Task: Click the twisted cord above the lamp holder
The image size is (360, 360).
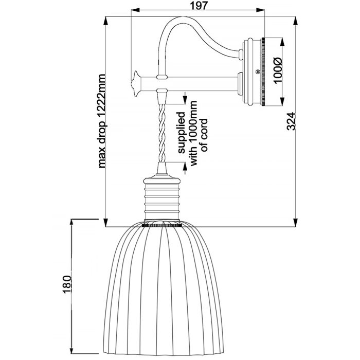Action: point(163,131)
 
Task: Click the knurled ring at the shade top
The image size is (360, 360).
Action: point(163,225)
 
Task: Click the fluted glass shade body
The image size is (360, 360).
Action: point(163,288)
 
